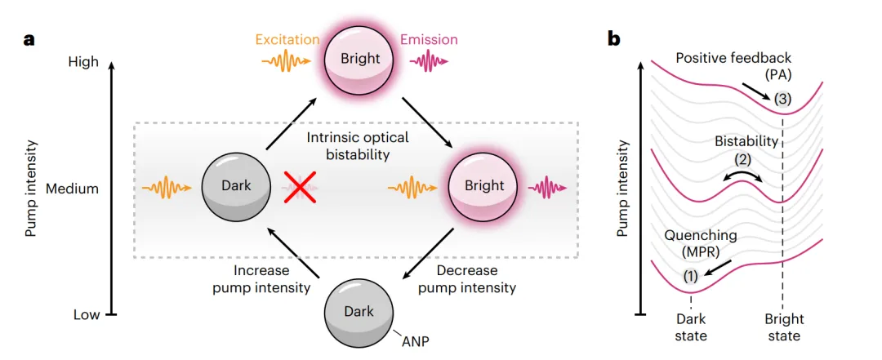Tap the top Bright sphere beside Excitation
[360, 60]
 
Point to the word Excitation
[286, 39]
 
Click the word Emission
[428, 39]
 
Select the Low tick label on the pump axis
[86, 313]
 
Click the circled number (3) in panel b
[783, 100]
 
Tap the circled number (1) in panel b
[690, 276]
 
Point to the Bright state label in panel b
[783, 327]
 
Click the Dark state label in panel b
[691, 327]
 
